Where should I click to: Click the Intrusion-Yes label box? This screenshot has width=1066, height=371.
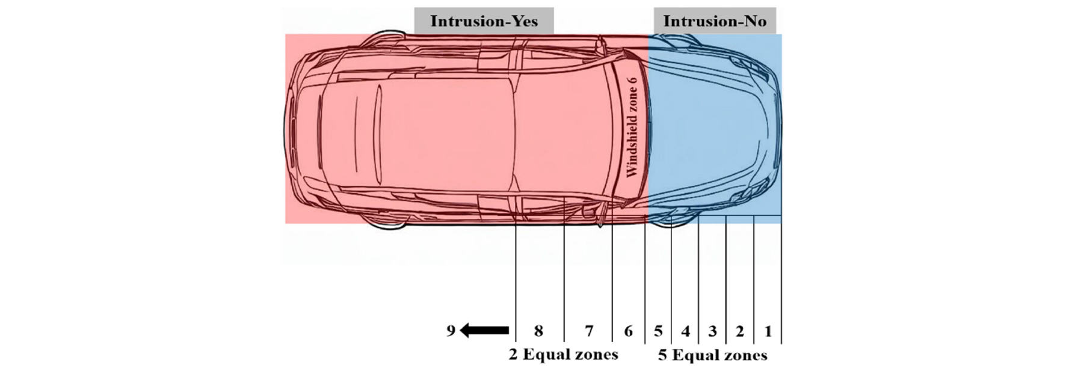pos(484,21)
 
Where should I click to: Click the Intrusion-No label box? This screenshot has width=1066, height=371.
pos(715,21)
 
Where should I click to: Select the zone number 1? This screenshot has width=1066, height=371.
pos(768,331)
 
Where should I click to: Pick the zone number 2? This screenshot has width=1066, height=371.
pos(740,331)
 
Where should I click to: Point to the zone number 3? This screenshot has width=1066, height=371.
pos(713,331)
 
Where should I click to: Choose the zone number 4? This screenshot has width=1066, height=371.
pos(685,331)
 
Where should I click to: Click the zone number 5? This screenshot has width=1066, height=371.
pos(658,331)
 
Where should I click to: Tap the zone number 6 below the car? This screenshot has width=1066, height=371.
pos(629,331)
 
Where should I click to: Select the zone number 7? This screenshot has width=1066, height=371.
pos(589,331)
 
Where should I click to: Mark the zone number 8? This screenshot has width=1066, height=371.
pos(538,331)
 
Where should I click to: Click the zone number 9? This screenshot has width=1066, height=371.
pos(451,331)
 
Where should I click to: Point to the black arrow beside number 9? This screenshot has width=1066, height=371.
pos(484,331)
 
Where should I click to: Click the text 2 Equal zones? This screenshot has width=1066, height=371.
pos(563,354)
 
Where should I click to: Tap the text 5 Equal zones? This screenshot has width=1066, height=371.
pos(712,355)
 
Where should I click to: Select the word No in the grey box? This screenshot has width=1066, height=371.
pos(754,21)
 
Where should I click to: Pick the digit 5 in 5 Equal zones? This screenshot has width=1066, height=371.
pos(662,355)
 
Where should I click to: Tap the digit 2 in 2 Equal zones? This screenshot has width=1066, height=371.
pos(513,354)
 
